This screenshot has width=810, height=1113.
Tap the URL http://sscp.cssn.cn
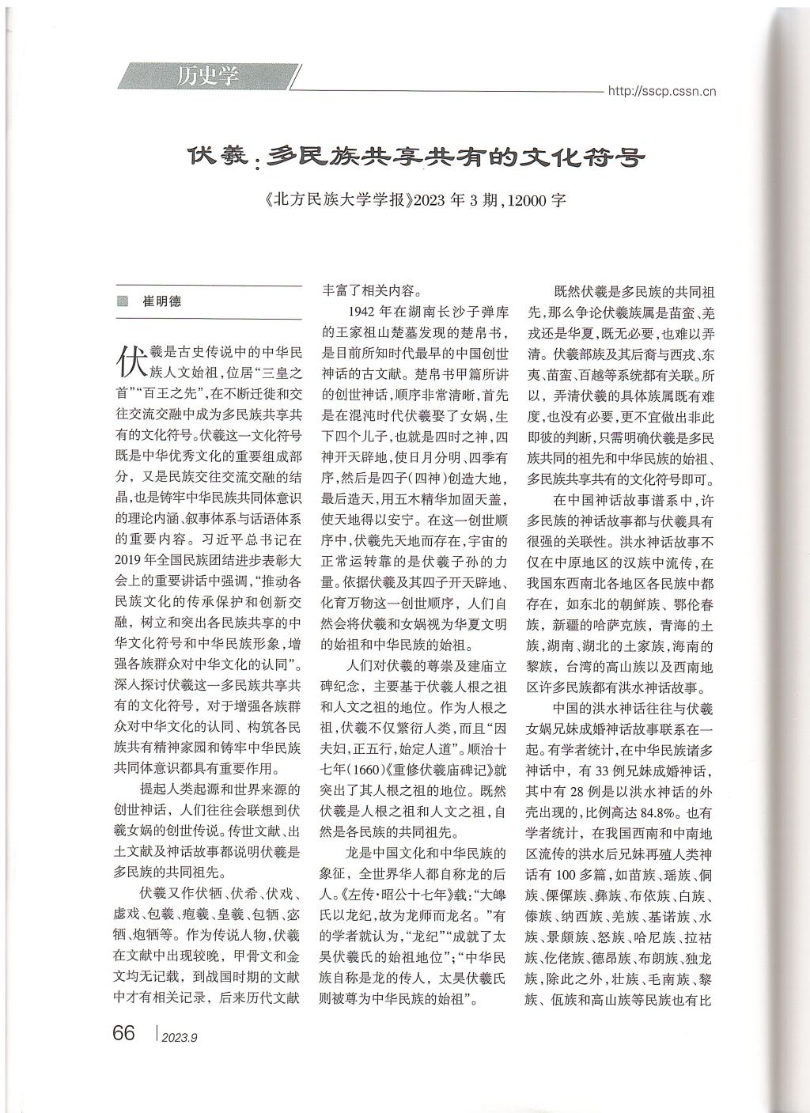[x=661, y=91]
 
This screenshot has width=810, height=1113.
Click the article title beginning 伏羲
[x=416, y=157]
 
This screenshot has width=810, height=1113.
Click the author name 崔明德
[x=161, y=301]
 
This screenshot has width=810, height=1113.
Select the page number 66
[x=124, y=1032]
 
